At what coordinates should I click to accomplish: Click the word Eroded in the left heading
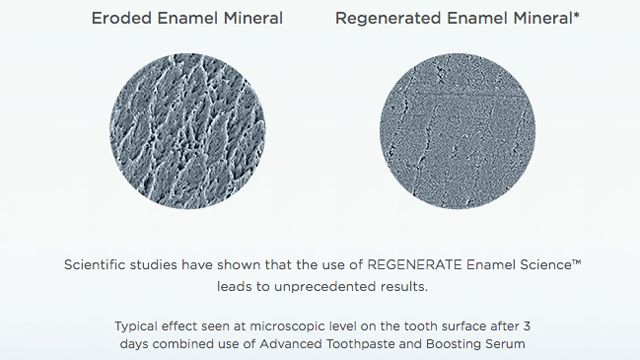pos(121,18)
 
